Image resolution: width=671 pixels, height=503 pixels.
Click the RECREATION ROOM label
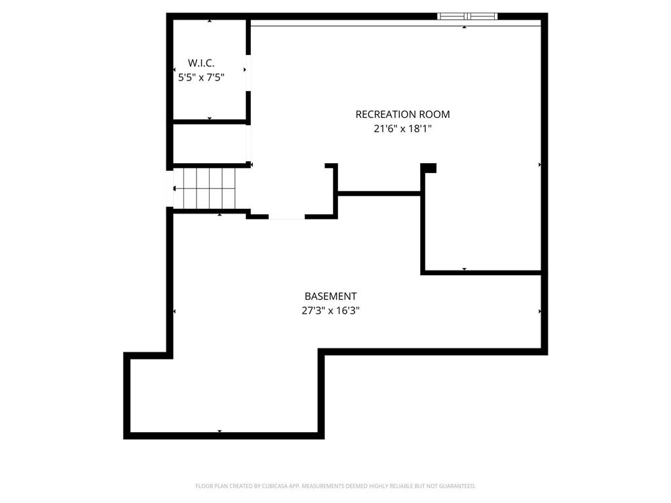(402, 115)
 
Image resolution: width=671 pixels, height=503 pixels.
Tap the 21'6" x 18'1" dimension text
(402, 129)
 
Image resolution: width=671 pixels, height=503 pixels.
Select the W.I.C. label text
(201, 63)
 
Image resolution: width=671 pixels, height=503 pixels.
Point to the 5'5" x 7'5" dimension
(201, 77)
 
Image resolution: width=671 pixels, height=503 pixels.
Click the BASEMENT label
(330, 297)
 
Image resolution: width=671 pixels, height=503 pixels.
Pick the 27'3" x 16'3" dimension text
(330, 311)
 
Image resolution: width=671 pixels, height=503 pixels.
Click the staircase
(208, 188)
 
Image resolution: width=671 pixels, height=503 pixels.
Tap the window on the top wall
(467, 16)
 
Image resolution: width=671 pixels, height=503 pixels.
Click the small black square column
(429, 168)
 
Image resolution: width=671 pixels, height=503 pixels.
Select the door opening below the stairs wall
(286, 216)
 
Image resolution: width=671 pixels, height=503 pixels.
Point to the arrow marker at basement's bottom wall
(220, 431)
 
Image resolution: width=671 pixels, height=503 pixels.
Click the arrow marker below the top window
(465, 28)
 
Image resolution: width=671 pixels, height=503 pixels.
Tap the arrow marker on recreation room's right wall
(539, 164)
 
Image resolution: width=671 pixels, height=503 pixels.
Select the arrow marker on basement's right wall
(539, 311)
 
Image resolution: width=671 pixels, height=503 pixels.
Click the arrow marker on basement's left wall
(174, 311)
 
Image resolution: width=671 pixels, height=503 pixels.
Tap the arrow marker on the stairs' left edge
(174, 189)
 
